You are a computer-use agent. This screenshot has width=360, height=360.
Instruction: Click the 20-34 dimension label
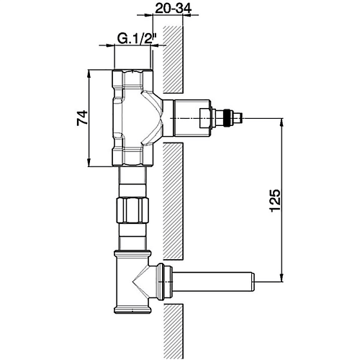pos(173,9)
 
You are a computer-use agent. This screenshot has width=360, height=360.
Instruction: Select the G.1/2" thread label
pos(137,39)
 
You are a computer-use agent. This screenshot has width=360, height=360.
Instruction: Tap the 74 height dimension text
pos(82,118)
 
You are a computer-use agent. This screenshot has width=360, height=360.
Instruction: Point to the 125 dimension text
pos(275,200)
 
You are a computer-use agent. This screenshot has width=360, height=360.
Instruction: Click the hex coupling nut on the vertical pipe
pos(132,210)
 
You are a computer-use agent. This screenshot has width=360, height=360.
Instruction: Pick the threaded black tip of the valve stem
pos(229,117)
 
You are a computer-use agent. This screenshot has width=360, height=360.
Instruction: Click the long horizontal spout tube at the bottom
pos(213,282)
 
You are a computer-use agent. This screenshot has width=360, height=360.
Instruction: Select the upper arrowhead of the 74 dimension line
pos(89,74)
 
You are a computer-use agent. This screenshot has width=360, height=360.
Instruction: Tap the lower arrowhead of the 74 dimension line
pos(89,162)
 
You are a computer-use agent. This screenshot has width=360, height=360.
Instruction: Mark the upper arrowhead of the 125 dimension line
pos(282,122)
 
